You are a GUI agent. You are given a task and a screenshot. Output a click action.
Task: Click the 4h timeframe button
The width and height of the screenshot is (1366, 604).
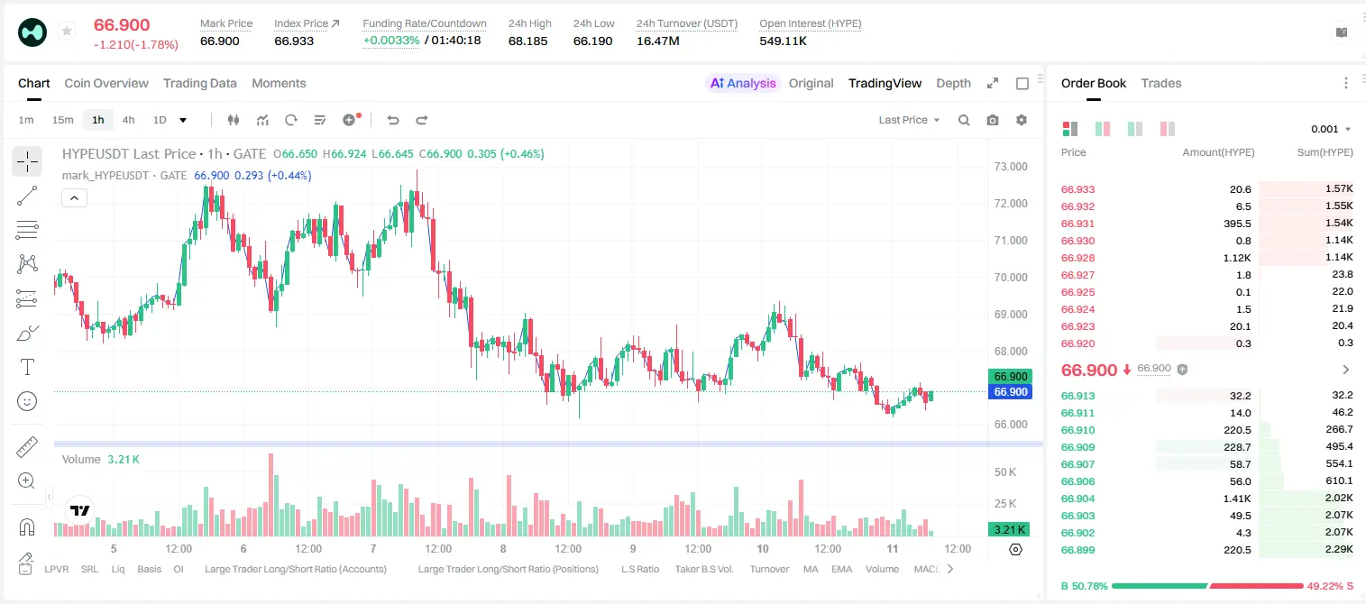coord(128,120)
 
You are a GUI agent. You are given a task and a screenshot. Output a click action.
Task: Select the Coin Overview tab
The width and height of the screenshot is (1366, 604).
coord(106,84)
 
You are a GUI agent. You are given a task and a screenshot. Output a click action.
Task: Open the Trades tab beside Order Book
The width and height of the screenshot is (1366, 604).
coord(1161,84)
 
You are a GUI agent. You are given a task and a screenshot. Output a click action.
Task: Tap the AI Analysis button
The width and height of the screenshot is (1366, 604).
coord(743,84)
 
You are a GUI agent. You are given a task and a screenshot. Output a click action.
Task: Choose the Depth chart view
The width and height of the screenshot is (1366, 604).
coord(953,84)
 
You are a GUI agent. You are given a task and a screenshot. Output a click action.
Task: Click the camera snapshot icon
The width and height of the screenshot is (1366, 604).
coord(993,120)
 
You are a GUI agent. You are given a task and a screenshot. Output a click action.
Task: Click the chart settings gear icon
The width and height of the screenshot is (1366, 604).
coord(1022,120)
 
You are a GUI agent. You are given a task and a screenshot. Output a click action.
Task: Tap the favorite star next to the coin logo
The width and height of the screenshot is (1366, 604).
coord(67,31)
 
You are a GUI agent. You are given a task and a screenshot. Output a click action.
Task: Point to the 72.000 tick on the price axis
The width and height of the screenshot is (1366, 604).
coord(1011,204)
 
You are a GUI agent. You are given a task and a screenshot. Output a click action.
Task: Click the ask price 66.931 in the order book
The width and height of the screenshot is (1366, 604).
coord(1077,224)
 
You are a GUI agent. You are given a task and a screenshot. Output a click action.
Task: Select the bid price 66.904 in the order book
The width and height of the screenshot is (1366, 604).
coord(1077,499)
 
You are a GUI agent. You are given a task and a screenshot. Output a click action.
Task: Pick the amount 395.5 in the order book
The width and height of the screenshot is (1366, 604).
coord(1237,224)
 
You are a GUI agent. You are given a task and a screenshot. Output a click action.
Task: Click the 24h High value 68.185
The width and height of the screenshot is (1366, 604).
coord(528,41)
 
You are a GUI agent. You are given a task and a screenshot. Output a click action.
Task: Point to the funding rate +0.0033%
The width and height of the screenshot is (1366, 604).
coord(391,41)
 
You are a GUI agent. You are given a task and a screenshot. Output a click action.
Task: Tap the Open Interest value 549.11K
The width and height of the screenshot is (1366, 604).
coord(783,41)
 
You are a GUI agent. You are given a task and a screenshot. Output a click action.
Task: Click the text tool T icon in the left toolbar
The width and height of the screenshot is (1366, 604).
coord(27,367)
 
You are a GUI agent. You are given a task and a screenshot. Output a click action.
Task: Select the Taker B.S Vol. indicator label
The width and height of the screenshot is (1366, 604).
coord(703,569)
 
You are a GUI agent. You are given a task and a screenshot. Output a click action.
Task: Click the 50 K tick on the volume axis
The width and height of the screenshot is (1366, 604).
coord(1005,472)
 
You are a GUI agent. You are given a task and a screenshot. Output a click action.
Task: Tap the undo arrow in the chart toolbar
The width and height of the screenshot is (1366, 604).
coord(393,120)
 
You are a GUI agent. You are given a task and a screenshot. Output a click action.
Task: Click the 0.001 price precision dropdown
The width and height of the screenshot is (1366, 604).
coord(1331,129)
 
